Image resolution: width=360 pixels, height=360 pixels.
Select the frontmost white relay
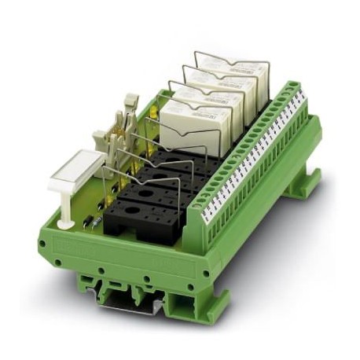186,124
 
